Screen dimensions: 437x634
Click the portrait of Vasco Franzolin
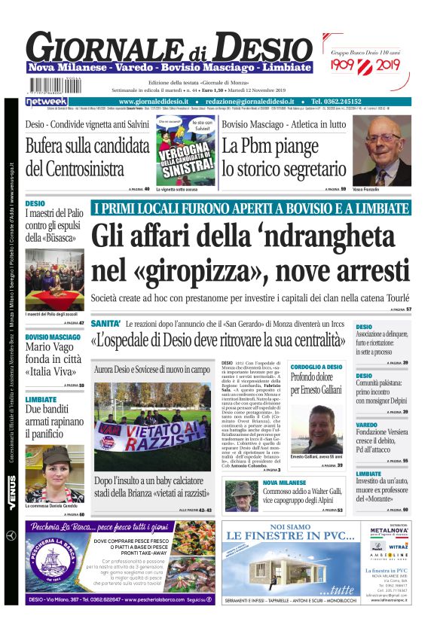(x=383, y=151)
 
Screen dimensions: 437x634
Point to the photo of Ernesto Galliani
(x=317, y=428)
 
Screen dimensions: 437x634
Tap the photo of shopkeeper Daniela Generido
(x=54, y=472)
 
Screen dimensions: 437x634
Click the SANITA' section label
(x=106, y=323)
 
